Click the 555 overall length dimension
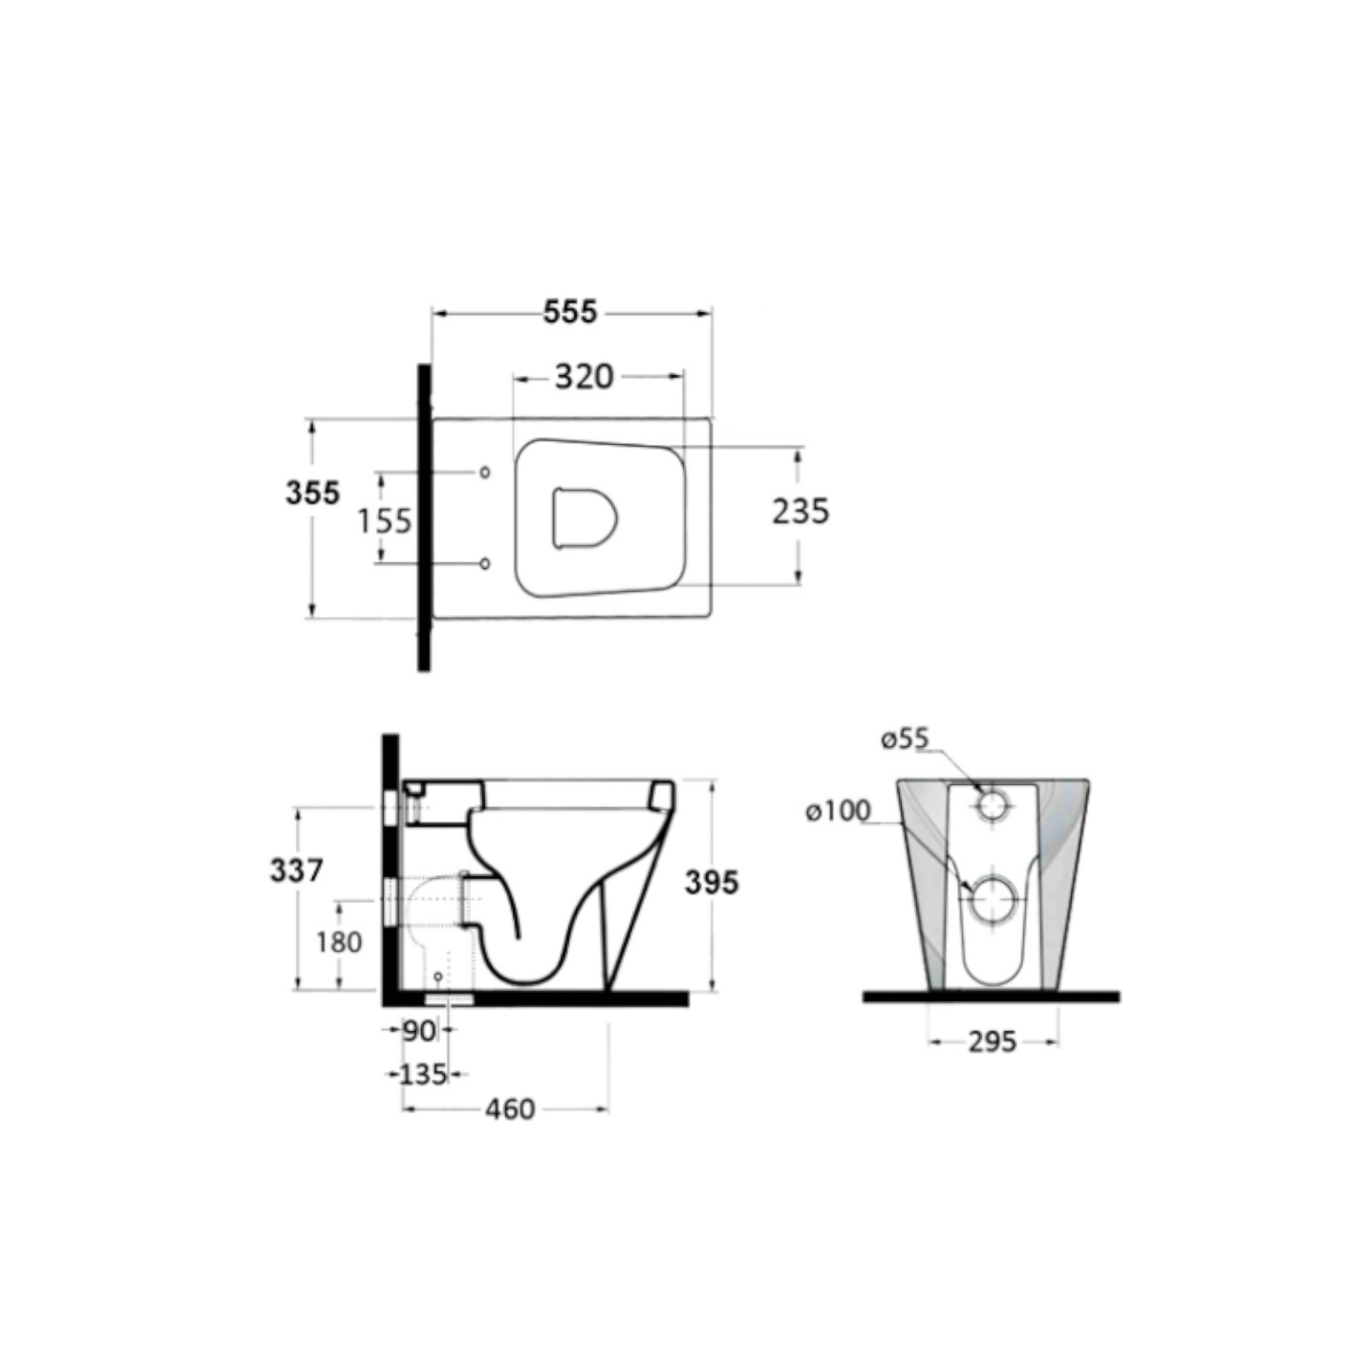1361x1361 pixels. pos(571,312)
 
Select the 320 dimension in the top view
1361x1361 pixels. pos(584,376)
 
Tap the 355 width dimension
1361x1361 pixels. pos(312,493)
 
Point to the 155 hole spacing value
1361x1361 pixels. pos(384,520)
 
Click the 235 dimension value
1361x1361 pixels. pos(800,511)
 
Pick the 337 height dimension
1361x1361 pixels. pos(297,870)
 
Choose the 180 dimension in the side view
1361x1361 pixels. pos(339,942)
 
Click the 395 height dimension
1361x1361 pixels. pos(712,882)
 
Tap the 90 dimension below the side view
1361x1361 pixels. pos(419,1031)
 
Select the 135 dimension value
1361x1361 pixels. pos(423,1074)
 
